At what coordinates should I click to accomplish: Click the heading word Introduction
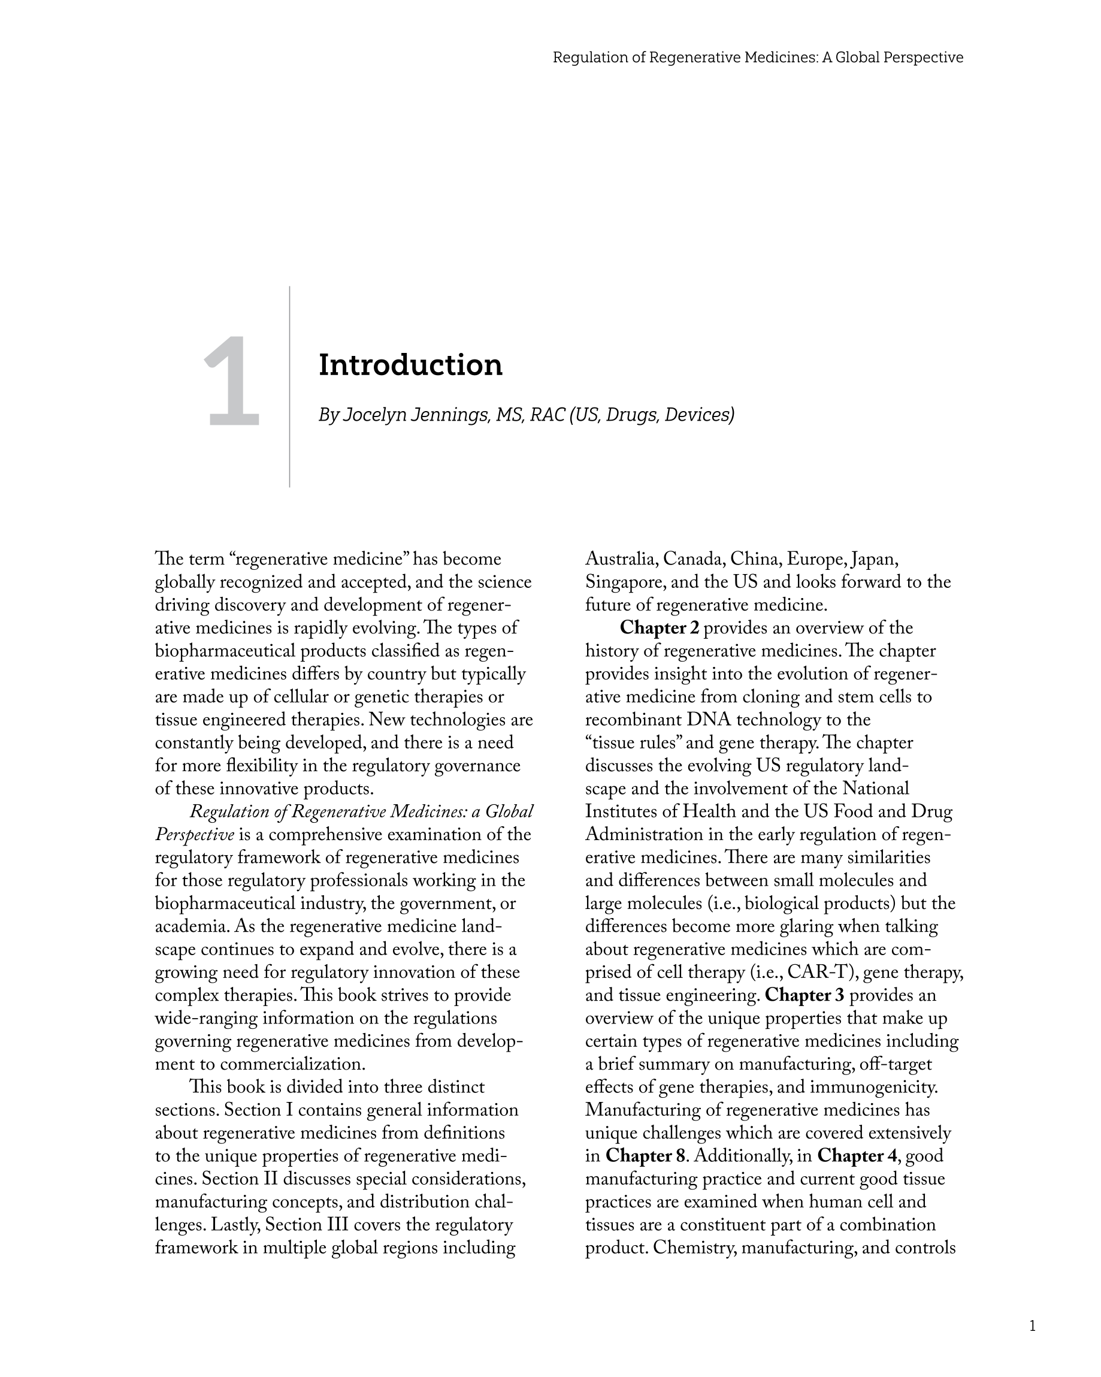coord(410,366)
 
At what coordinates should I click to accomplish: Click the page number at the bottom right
coord(1032,1326)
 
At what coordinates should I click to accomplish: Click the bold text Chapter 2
coord(659,628)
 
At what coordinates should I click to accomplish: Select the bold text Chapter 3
coord(804,995)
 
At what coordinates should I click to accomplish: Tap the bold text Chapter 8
coord(645,1155)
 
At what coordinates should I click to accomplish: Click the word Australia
coord(621,559)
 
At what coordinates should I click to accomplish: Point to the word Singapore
coord(625,582)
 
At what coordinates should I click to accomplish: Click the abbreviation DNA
coord(708,720)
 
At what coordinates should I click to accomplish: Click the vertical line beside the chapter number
coord(289,387)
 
